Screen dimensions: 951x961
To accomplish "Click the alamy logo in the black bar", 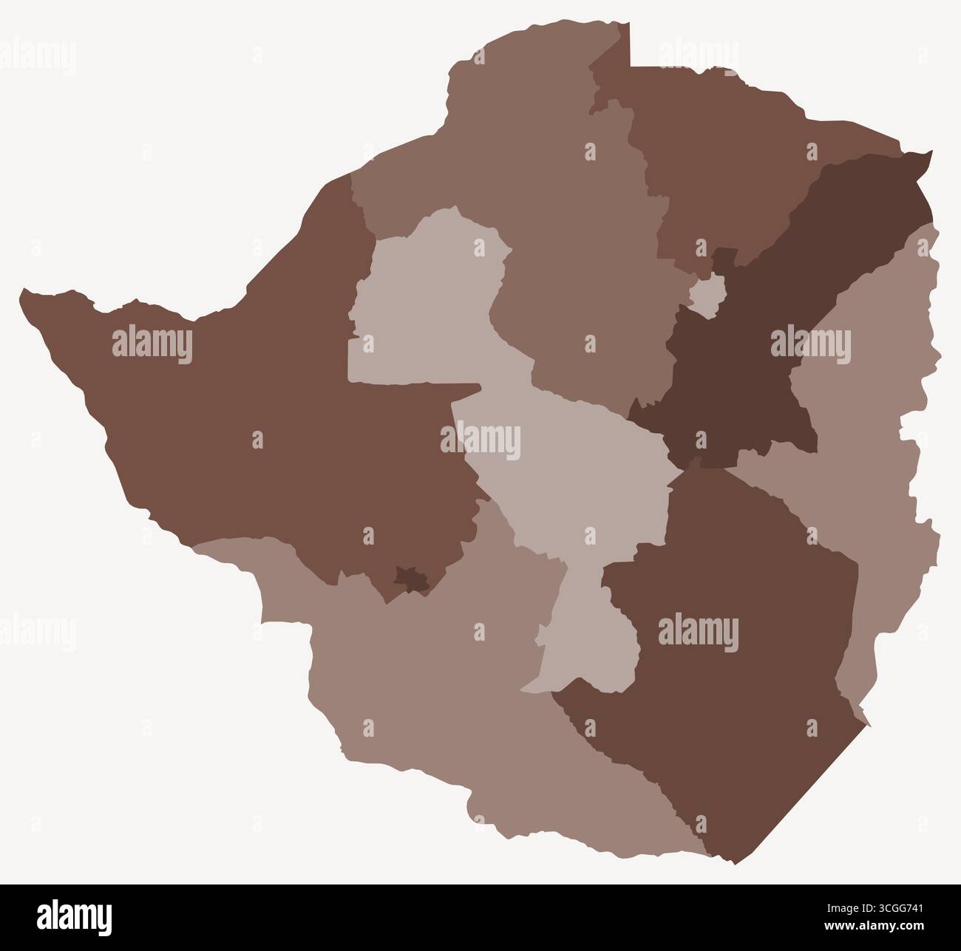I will [x=75, y=916].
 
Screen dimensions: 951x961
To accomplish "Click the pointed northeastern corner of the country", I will [x=929, y=153].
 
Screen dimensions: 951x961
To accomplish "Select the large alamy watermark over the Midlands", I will [x=480, y=442].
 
